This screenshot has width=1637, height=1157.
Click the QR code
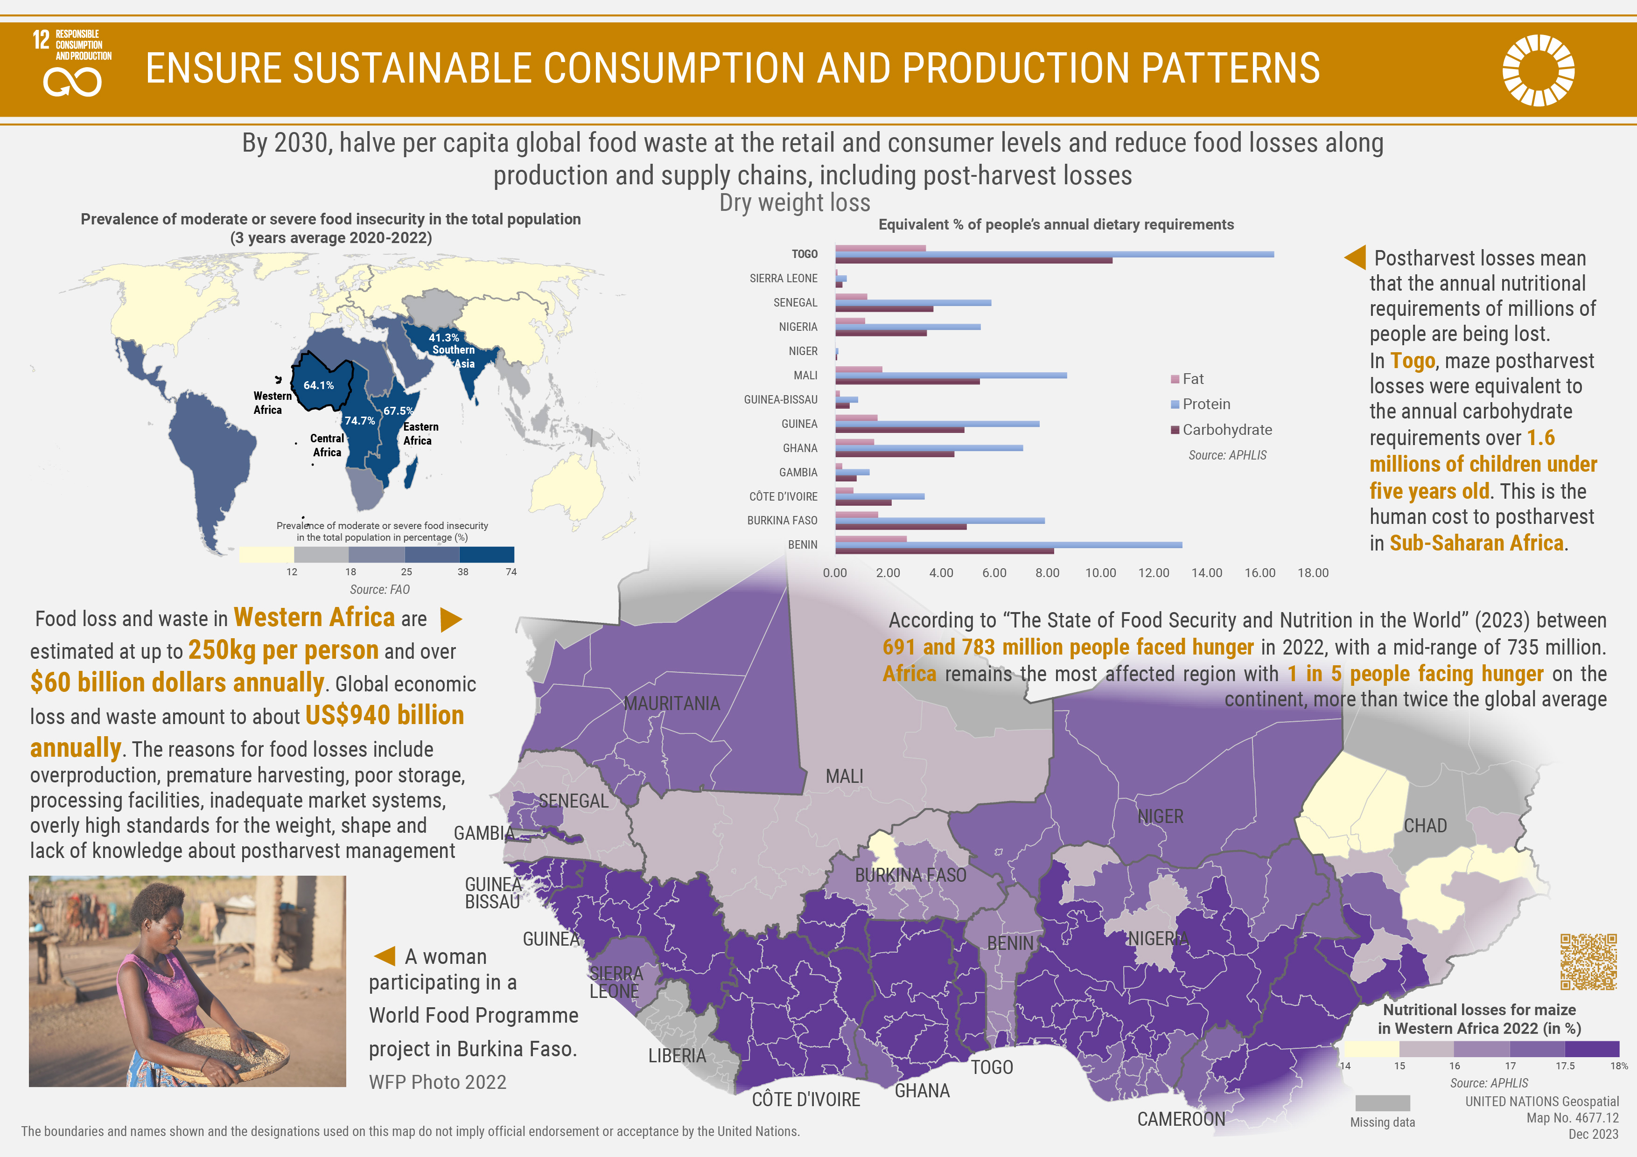click(1588, 962)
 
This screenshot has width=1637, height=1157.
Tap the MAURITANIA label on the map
click(672, 704)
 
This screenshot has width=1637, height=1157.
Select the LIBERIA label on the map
click(677, 1056)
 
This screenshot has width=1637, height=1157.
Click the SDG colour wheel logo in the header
click(1538, 70)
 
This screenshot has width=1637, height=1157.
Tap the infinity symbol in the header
click(72, 82)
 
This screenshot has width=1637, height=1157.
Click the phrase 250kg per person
click(283, 650)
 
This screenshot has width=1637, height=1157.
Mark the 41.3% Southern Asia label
click(451, 349)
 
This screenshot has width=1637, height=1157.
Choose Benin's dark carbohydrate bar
click(944, 551)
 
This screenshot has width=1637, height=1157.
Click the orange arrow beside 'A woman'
click(385, 956)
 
